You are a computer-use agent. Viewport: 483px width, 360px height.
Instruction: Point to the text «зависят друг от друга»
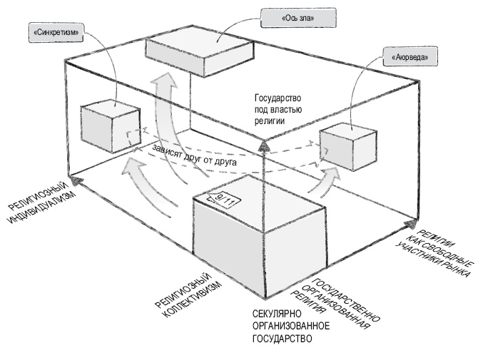coord(193,157)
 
